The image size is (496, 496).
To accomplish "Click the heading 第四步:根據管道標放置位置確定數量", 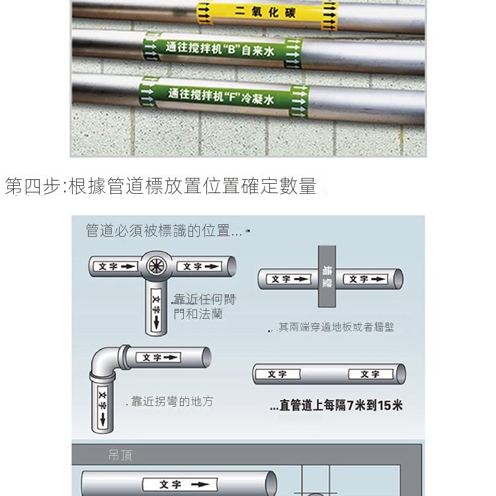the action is click(161, 186).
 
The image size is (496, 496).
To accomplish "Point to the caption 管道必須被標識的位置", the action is click(164, 230).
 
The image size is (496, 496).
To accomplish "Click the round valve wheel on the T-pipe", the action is click(156, 266).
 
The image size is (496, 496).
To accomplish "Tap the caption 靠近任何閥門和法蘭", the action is click(204, 306).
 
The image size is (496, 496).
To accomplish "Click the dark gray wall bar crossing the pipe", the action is click(327, 276).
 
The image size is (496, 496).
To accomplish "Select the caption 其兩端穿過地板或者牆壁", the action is click(336, 327).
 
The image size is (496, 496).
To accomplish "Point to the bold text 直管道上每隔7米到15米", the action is click(337, 405).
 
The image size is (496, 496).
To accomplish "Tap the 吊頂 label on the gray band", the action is click(120, 455).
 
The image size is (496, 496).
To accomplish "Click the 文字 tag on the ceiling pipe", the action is click(180, 484).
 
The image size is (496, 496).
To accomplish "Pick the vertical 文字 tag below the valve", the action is click(156, 310).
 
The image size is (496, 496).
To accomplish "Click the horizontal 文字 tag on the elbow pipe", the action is click(158, 357).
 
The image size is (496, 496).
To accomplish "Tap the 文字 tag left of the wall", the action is click(289, 279).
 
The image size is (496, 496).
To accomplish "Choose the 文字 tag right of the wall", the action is click(366, 279).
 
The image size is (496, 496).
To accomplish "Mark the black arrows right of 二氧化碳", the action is click(329, 16).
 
